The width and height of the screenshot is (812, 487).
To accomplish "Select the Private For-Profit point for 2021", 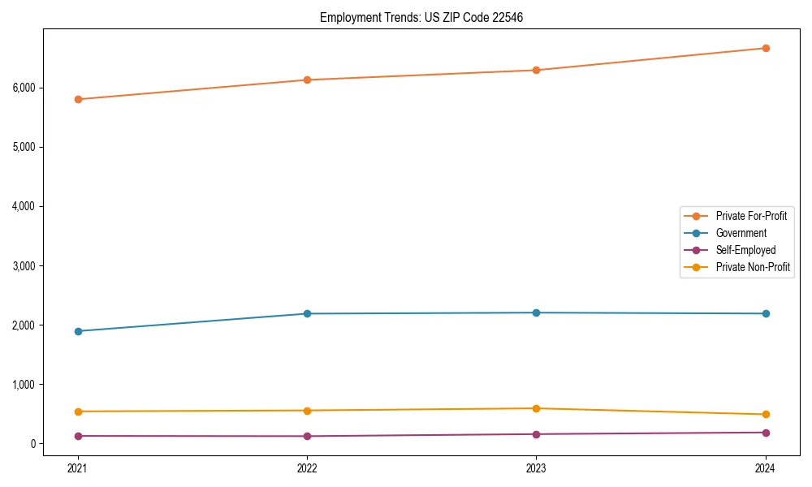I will (x=78, y=99).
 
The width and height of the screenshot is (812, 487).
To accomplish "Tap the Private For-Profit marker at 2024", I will (x=766, y=48).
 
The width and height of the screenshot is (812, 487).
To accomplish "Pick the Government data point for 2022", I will (x=307, y=313).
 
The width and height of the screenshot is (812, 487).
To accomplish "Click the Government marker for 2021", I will (x=78, y=331).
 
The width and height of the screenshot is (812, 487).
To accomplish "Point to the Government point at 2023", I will (x=536, y=312).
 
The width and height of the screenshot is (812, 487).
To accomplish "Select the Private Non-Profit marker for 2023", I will (x=536, y=408).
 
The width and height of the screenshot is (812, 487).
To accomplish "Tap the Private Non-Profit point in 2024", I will (x=766, y=415).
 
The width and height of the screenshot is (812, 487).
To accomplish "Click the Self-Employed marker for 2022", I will (x=307, y=436).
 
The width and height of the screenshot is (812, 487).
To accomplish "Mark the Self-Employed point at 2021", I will (x=78, y=436).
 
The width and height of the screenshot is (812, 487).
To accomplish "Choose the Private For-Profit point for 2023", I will (x=536, y=70).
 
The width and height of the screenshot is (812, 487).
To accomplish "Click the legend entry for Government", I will (x=741, y=233).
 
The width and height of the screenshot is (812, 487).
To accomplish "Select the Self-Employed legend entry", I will (x=745, y=250).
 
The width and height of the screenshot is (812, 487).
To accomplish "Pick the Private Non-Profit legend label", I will (x=753, y=267).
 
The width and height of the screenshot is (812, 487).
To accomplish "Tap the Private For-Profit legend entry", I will (x=750, y=216).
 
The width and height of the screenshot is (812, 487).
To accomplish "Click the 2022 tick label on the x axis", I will (x=307, y=468).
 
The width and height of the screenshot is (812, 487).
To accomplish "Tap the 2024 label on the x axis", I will (x=766, y=468).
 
